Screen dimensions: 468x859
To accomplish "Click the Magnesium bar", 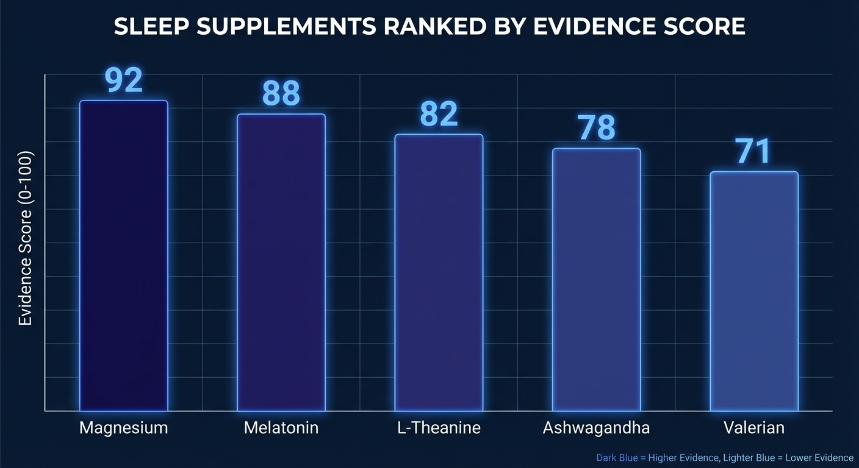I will (x=124, y=256).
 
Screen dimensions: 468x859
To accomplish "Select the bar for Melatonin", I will (x=281, y=262).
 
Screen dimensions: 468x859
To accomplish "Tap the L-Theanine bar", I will (x=439, y=272).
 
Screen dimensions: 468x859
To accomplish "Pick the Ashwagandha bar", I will (x=596, y=279).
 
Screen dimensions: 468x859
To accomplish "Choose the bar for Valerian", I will (x=753, y=291).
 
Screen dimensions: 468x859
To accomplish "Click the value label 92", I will (x=124, y=80).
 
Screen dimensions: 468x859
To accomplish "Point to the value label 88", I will (x=281, y=94).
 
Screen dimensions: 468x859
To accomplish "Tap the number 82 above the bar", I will (x=439, y=114).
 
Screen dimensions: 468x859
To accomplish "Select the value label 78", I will (x=596, y=128).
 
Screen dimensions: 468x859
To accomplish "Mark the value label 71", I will (x=753, y=152).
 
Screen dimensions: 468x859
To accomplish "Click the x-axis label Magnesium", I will (x=124, y=428).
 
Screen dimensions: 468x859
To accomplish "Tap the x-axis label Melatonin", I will (x=281, y=428).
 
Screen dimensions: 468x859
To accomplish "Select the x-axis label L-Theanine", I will (x=439, y=428).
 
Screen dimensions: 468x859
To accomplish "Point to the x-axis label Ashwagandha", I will (x=596, y=428).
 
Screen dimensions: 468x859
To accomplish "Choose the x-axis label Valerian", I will (x=753, y=428).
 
